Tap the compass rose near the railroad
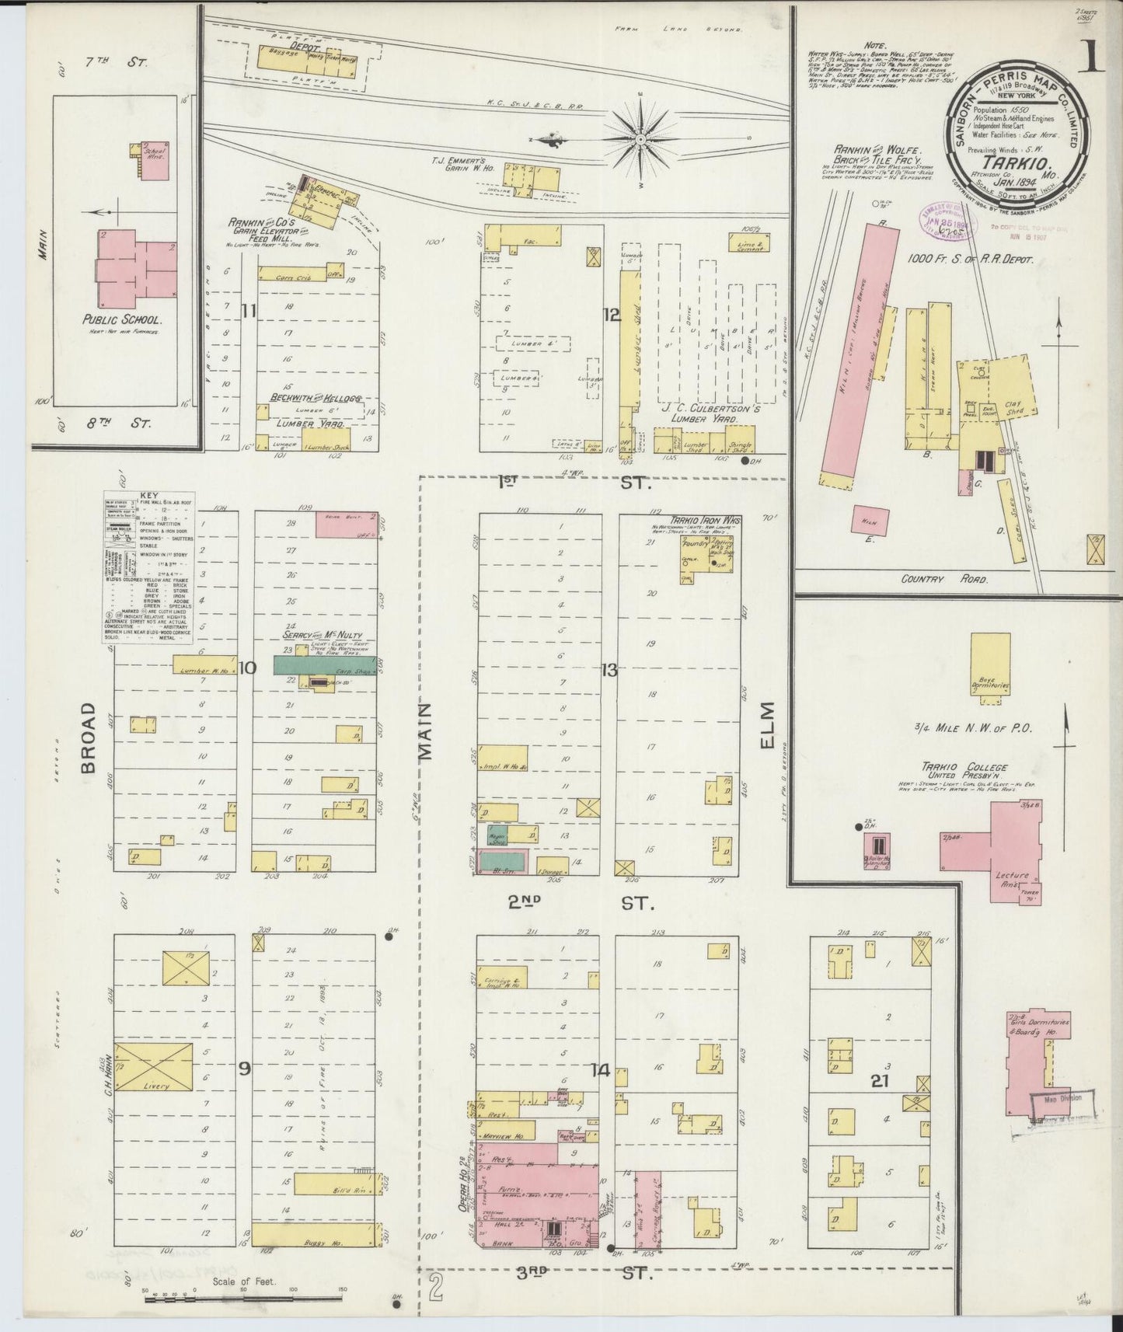(640, 138)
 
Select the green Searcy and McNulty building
(324, 664)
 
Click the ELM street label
(768, 727)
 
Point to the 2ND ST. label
(578, 903)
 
